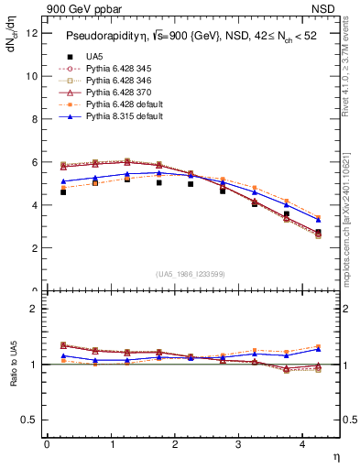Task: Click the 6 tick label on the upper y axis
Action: coord(36,162)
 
